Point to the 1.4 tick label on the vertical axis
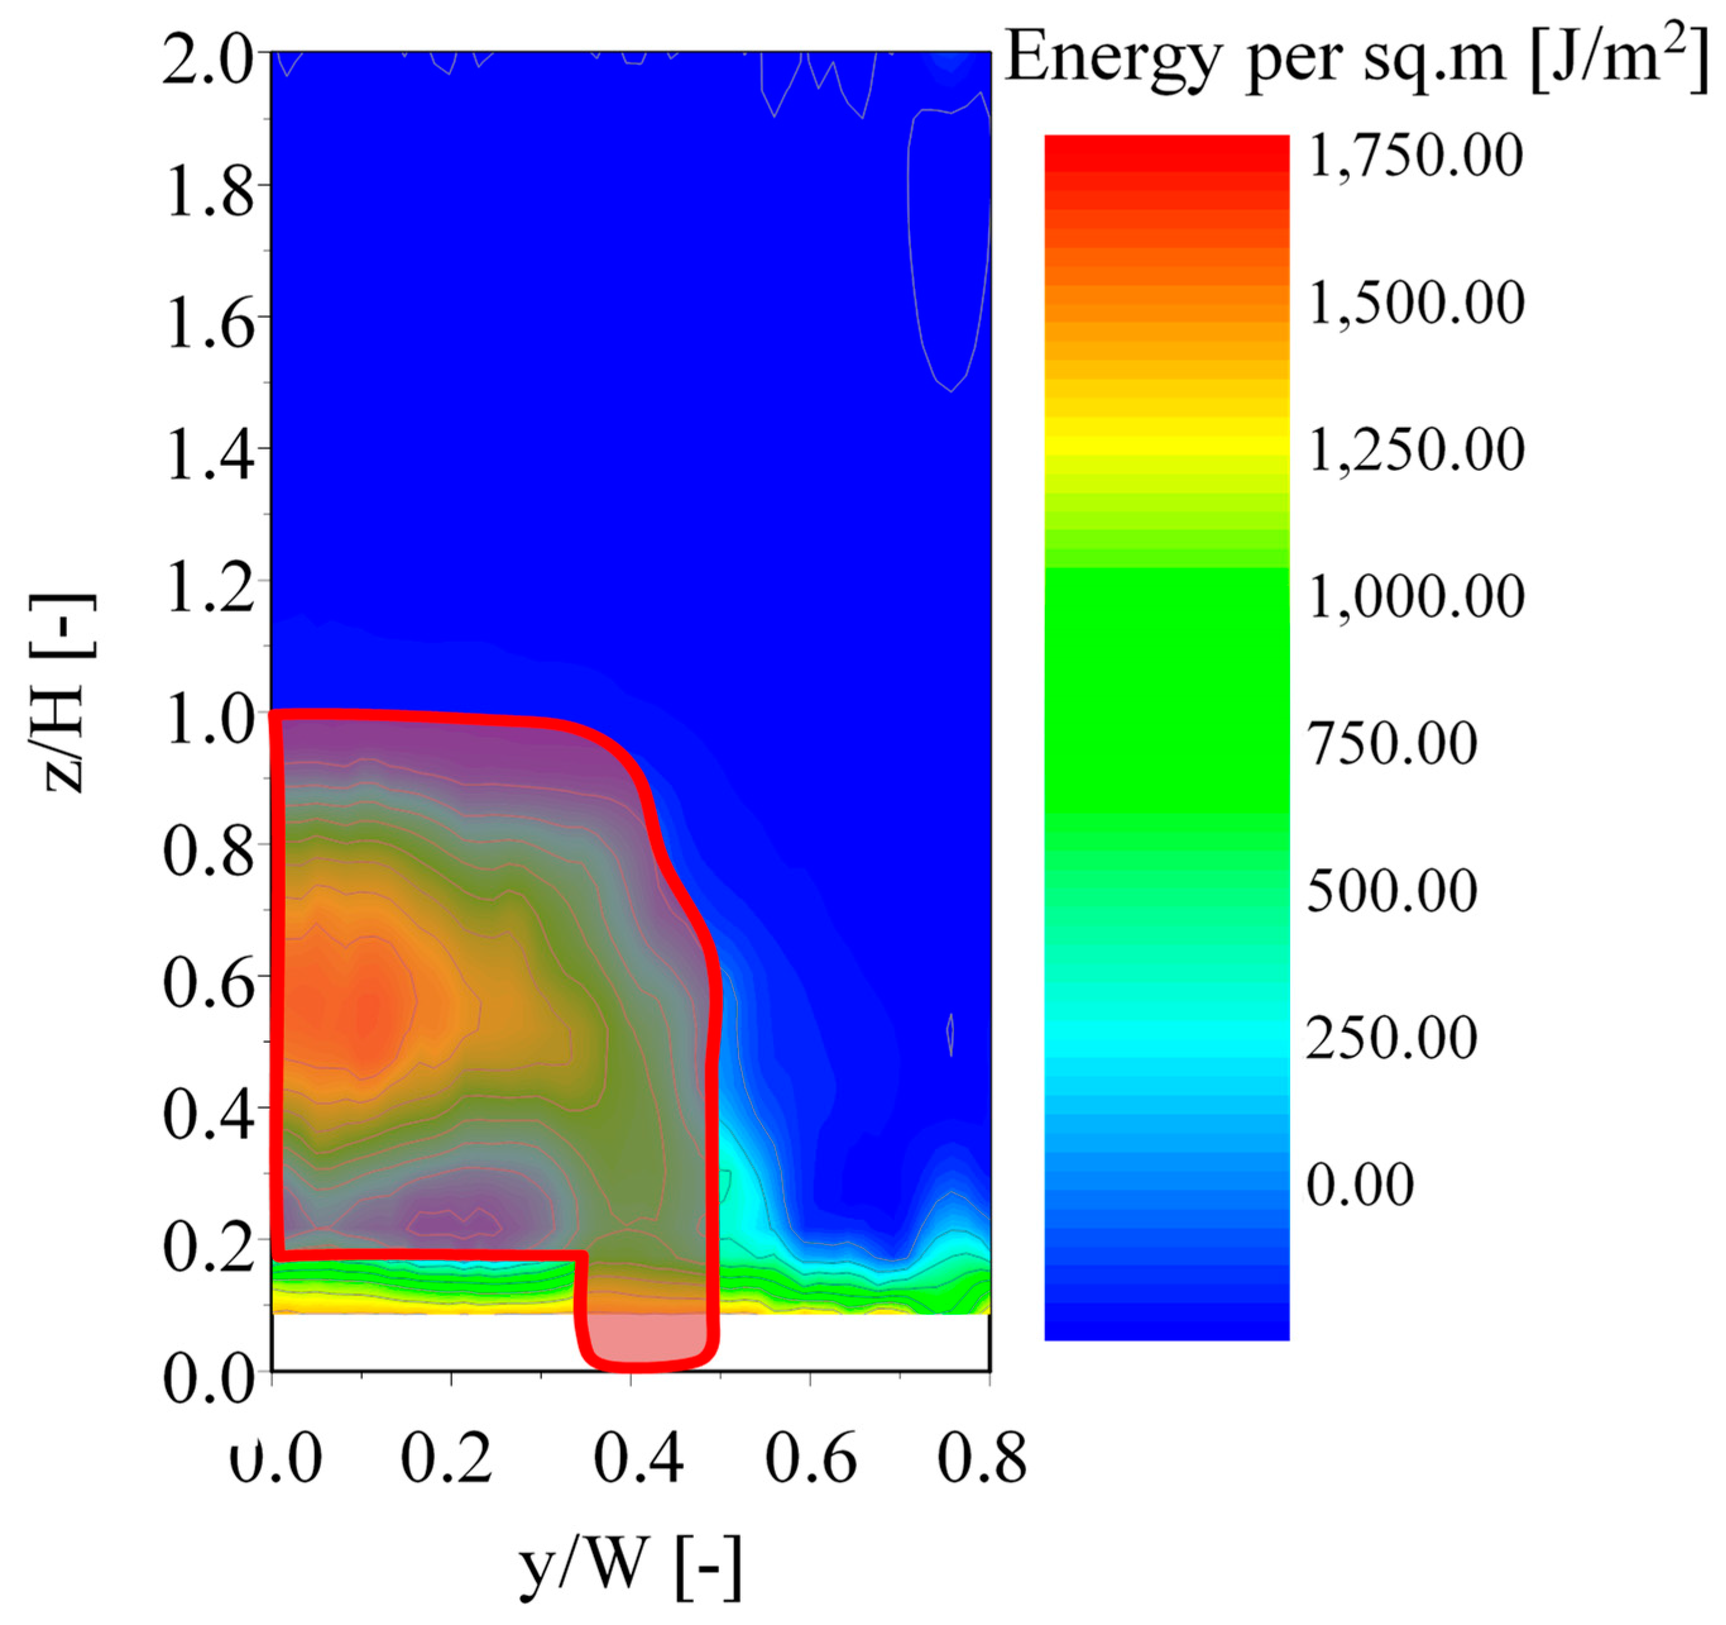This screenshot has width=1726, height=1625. tap(208, 452)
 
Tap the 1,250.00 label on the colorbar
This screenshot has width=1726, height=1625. tap(1415, 450)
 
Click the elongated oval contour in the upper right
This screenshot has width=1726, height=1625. tap(949, 248)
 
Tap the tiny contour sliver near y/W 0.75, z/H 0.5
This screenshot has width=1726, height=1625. tap(951, 1033)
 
